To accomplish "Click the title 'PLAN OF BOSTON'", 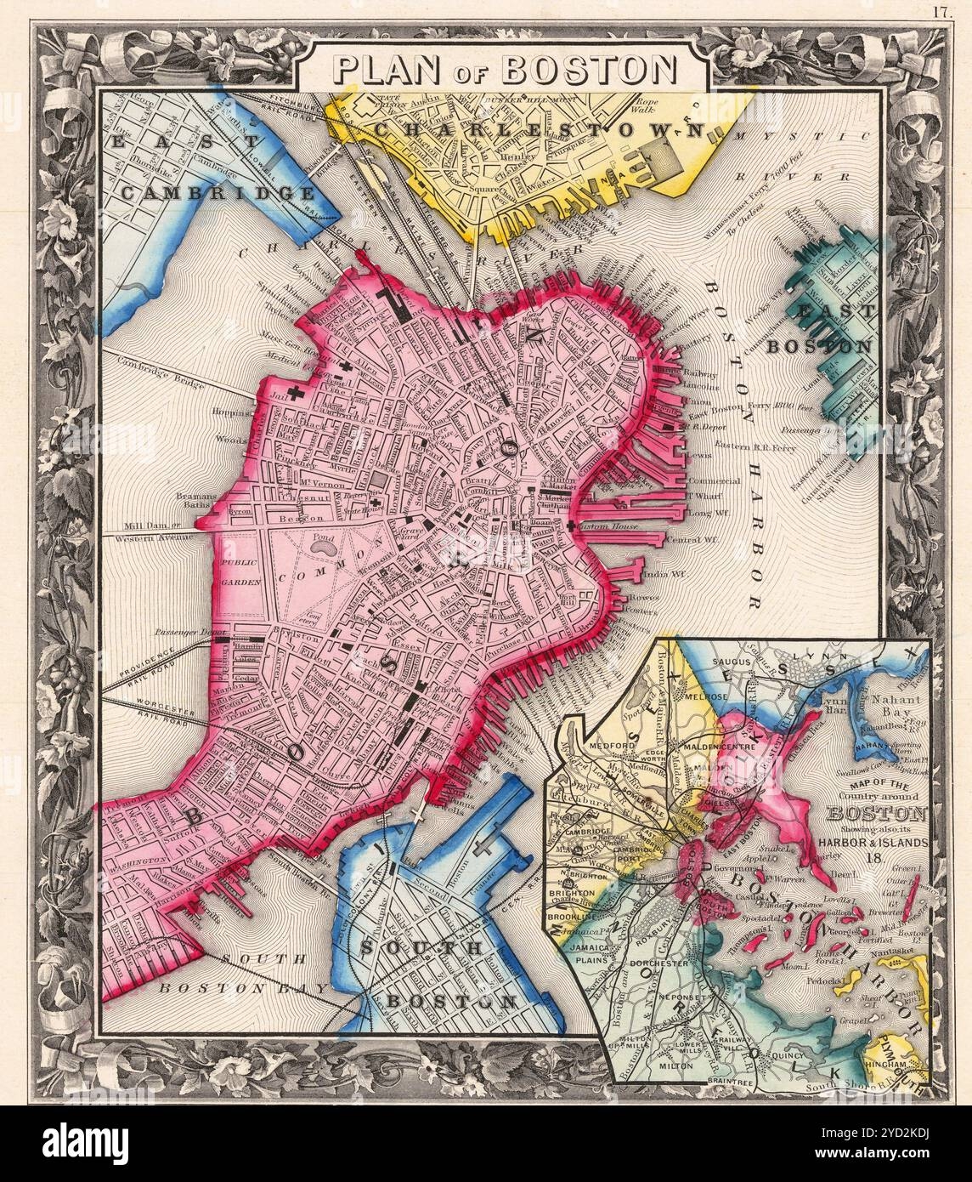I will click(x=502, y=69).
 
